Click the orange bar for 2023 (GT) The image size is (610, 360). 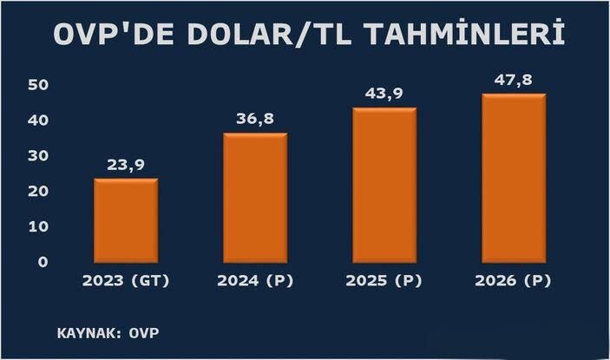point(126,222)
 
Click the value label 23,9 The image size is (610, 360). point(126,166)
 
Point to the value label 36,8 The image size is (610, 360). point(255,120)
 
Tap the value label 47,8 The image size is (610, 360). point(513,79)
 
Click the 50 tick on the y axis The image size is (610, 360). point(36,85)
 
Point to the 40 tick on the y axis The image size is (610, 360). point(36,121)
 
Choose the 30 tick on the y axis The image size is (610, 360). point(36,156)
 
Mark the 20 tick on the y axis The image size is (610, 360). point(36,192)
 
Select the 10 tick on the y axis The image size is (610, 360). point(36,226)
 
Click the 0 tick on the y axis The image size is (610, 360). point(42,262)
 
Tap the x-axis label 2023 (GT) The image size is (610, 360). point(126,282)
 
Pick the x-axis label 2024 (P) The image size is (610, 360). point(255,282)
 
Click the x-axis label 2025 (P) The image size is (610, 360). point(384,282)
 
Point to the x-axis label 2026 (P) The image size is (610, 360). point(513,282)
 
